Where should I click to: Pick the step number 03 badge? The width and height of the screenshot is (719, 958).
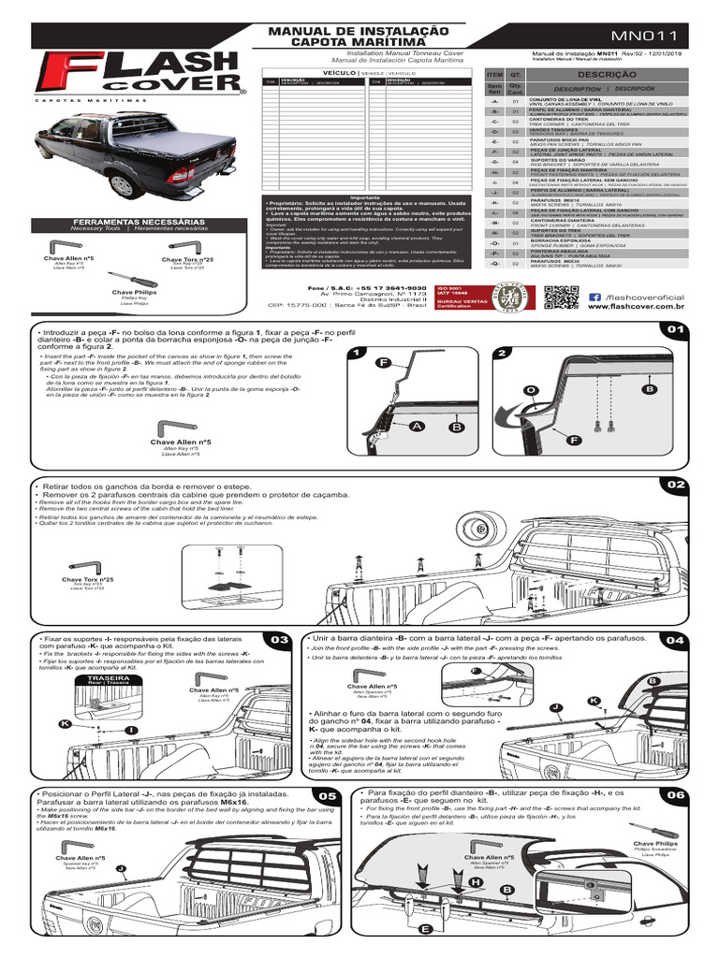(278, 640)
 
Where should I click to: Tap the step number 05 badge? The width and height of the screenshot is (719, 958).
(327, 795)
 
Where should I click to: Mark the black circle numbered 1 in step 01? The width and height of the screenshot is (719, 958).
(357, 353)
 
